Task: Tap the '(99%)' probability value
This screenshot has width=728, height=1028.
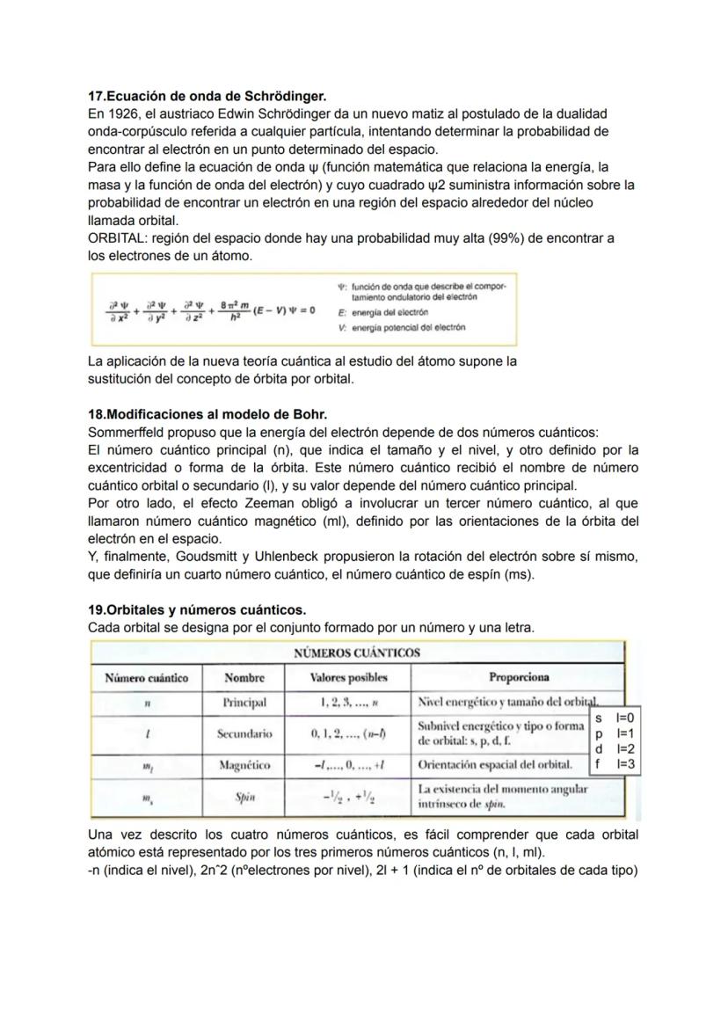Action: (x=498, y=238)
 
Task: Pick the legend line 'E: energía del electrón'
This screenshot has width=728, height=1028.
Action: (x=384, y=312)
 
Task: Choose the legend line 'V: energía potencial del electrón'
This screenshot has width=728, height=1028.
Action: (x=402, y=327)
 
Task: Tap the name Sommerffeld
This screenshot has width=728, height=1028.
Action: (x=127, y=432)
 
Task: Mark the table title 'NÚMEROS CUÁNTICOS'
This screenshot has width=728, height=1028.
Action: (x=356, y=653)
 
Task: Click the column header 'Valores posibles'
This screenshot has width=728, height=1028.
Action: (x=348, y=677)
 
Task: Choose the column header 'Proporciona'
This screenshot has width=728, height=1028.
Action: (x=518, y=677)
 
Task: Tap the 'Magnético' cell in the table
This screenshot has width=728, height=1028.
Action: (x=244, y=765)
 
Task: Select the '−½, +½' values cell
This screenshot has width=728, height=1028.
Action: (x=348, y=798)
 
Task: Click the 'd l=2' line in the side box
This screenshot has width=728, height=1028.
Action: (x=615, y=749)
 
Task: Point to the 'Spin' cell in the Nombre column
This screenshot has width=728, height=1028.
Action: (x=244, y=798)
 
